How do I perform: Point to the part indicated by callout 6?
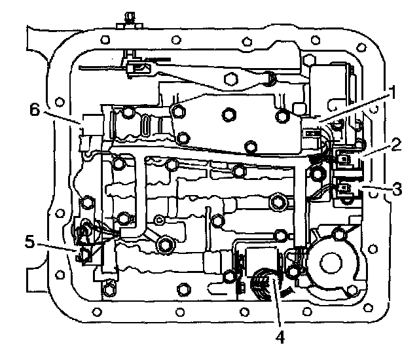[90, 124]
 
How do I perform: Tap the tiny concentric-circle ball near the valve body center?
[158, 217]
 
